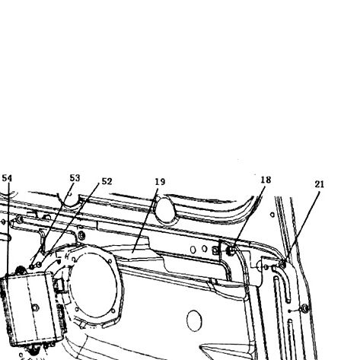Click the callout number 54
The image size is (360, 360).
point(7,178)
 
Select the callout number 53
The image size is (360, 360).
point(75,178)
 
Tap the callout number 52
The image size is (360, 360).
point(107,181)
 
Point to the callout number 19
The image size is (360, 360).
point(160,182)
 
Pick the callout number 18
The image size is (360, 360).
point(266,180)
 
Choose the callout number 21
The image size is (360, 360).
point(320,184)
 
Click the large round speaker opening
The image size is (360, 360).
point(94,285)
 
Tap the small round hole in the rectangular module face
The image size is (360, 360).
point(35,307)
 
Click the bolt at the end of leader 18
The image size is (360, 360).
point(231,251)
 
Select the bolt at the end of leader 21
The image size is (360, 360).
point(282,265)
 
